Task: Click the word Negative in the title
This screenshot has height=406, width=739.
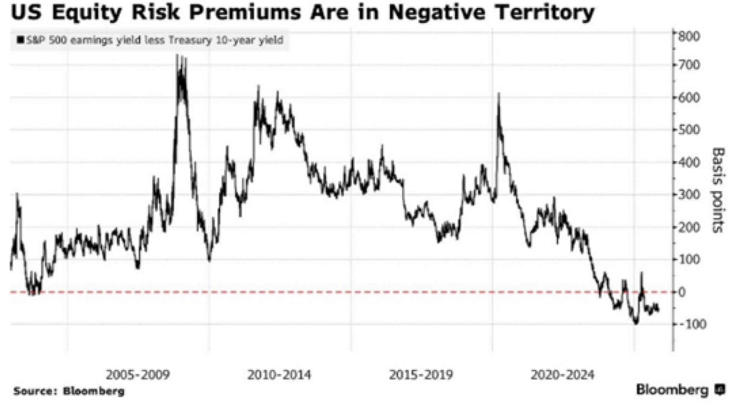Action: click(x=437, y=12)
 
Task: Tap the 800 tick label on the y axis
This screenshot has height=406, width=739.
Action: click(x=689, y=37)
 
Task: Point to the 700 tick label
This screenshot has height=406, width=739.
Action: click(x=689, y=65)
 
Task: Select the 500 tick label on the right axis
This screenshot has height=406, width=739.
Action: click(x=689, y=130)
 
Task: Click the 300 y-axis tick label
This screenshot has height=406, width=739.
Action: click(x=689, y=195)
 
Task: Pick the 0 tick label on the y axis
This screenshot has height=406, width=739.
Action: click(x=682, y=292)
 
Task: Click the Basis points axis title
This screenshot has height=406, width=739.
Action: click(x=718, y=190)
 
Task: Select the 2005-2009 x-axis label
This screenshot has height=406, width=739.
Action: click(x=137, y=374)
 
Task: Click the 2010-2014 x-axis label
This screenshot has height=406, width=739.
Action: click(x=279, y=374)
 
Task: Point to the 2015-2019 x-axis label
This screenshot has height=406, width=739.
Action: click(x=421, y=374)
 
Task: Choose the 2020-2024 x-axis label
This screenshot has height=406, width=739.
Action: click(x=562, y=374)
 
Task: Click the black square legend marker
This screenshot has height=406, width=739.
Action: click(x=20, y=40)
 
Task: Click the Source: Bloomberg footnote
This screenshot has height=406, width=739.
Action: click(x=69, y=391)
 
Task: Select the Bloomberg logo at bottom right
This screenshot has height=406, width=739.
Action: click(x=680, y=390)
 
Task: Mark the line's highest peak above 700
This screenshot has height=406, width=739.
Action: click(x=177, y=56)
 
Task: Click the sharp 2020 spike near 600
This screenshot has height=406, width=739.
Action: click(x=499, y=94)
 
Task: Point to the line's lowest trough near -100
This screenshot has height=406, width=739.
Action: click(x=636, y=323)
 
